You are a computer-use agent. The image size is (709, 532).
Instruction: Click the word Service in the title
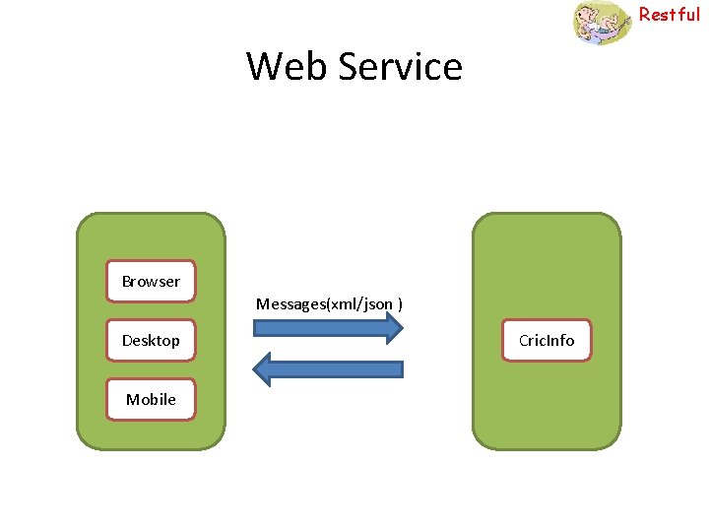(x=400, y=67)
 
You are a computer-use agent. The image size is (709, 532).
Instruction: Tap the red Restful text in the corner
(x=670, y=14)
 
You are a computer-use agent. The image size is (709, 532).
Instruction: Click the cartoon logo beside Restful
(x=602, y=22)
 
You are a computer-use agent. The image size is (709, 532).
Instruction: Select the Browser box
(x=151, y=282)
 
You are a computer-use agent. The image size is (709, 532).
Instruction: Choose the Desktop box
(x=151, y=341)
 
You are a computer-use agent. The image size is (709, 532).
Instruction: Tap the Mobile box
(x=151, y=399)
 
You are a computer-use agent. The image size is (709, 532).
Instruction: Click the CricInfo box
(x=547, y=341)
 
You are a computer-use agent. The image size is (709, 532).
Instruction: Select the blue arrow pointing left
(x=329, y=369)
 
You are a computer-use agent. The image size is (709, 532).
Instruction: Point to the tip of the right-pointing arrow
(x=402, y=328)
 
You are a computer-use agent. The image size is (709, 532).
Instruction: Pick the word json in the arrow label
(x=377, y=303)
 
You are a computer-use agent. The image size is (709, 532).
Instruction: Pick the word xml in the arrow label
(x=344, y=303)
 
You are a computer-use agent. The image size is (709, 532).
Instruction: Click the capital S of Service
(x=348, y=67)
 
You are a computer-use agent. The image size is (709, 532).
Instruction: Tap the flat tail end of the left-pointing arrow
(x=401, y=369)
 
